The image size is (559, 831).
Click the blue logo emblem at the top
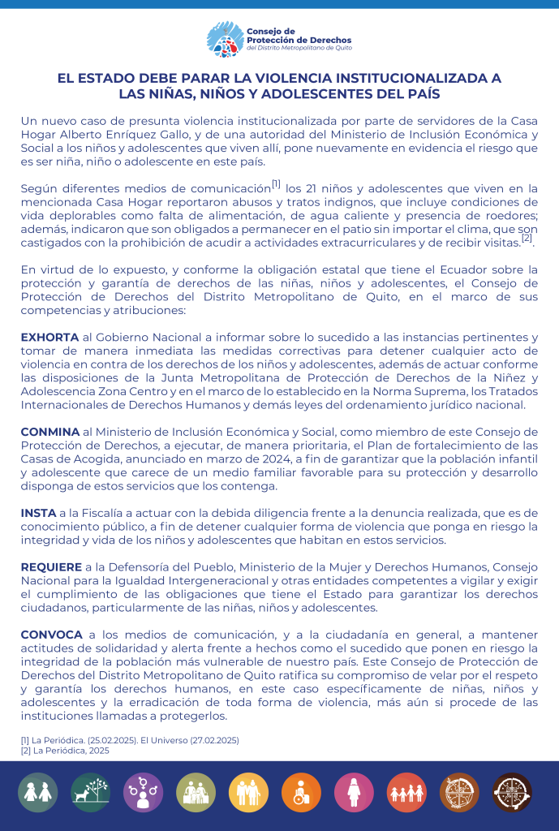[225, 39]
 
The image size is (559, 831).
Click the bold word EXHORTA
[49, 337]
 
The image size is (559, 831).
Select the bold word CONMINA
[50, 431]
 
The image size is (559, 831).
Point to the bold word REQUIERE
[51, 567]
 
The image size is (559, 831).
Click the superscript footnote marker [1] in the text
[276, 183]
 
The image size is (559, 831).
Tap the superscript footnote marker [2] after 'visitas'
[527, 238]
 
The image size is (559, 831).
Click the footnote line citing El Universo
[130, 740]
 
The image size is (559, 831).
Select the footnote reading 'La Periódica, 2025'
[65, 751]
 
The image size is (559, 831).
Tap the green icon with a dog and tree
[90, 792]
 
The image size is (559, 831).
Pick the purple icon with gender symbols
[143, 792]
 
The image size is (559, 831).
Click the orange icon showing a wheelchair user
[301, 792]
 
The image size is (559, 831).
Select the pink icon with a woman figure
[354, 792]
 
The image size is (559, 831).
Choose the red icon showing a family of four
[406, 792]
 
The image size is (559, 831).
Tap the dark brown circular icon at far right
[512, 792]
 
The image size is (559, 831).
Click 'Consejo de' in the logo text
[271, 31]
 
